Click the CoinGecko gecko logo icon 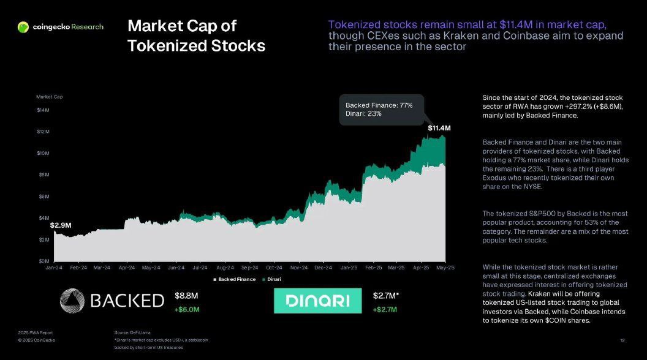(23, 27)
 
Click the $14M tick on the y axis (42, 110)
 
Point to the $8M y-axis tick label (43, 175)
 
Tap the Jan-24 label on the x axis (54, 268)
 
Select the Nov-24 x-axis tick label (299, 268)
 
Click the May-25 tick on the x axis (445, 268)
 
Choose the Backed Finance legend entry (234, 279)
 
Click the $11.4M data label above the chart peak (439, 129)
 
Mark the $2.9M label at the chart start (61, 225)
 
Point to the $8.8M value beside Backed (186, 296)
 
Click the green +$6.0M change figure (187, 309)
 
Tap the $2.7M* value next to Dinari (386, 296)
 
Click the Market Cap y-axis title (49, 97)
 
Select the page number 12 (622, 340)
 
